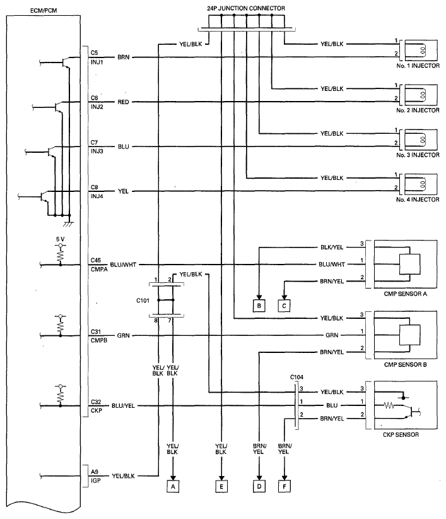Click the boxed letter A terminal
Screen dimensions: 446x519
tap(173, 486)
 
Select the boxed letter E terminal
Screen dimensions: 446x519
tap(221, 486)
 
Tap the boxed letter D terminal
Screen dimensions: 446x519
tap(259, 486)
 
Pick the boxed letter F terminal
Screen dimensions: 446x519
tap(285, 486)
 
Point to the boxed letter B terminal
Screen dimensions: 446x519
tap(259, 306)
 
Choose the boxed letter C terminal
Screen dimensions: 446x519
tap(285, 306)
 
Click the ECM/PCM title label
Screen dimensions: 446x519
tap(44, 11)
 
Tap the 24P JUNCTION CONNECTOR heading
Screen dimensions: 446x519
tap(246, 8)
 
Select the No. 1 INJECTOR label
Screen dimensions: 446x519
tap(418, 66)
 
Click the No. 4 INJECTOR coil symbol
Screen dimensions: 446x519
tap(423, 184)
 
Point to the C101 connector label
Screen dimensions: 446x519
tap(143, 301)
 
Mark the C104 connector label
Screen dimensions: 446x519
tap(296, 377)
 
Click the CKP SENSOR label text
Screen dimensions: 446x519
tap(401, 434)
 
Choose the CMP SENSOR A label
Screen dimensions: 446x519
tap(406, 294)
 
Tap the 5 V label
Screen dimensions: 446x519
tap(60, 239)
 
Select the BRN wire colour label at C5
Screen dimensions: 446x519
tap(123, 57)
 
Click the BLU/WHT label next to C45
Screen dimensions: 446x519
tap(123, 265)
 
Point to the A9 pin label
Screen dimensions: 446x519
tap(95, 472)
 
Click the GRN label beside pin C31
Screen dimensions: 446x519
tap(123, 335)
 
